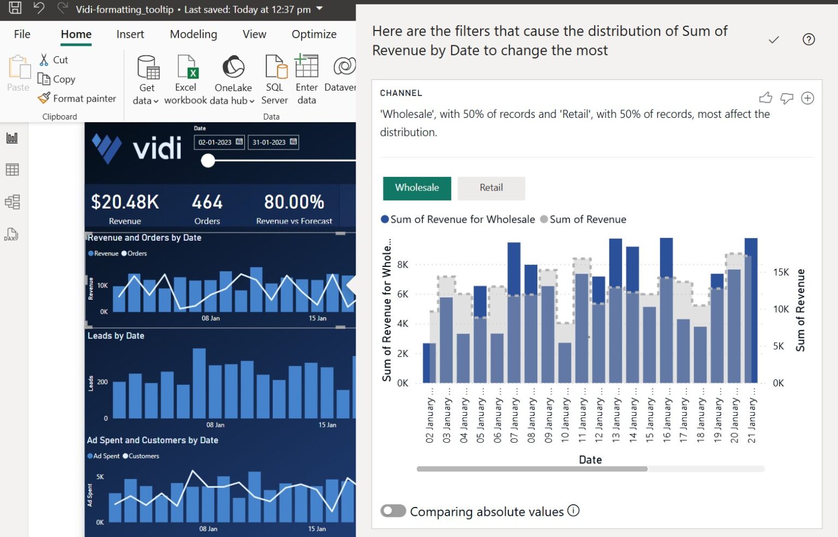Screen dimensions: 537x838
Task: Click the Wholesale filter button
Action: (417, 188)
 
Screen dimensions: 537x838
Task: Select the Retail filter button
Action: (491, 188)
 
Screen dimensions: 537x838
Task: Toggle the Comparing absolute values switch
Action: (393, 511)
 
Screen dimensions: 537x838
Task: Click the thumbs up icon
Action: (765, 98)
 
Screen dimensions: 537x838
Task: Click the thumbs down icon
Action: (786, 98)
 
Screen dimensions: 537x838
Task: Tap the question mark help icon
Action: (809, 39)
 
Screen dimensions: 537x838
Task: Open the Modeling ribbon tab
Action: (193, 34)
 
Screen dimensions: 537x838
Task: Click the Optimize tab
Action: (314, 34)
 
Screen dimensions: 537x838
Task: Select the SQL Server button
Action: (275, 79)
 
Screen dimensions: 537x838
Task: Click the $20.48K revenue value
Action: (125, 202)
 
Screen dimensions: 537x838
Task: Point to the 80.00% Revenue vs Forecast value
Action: (294, 202)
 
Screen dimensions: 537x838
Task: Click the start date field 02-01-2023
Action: (219, 142)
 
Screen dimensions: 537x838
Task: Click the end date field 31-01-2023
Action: (273, 142)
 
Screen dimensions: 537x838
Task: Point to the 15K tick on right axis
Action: (781, 272)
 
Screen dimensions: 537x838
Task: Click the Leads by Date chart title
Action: (116, 336)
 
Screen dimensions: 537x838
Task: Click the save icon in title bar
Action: (15, 8)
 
